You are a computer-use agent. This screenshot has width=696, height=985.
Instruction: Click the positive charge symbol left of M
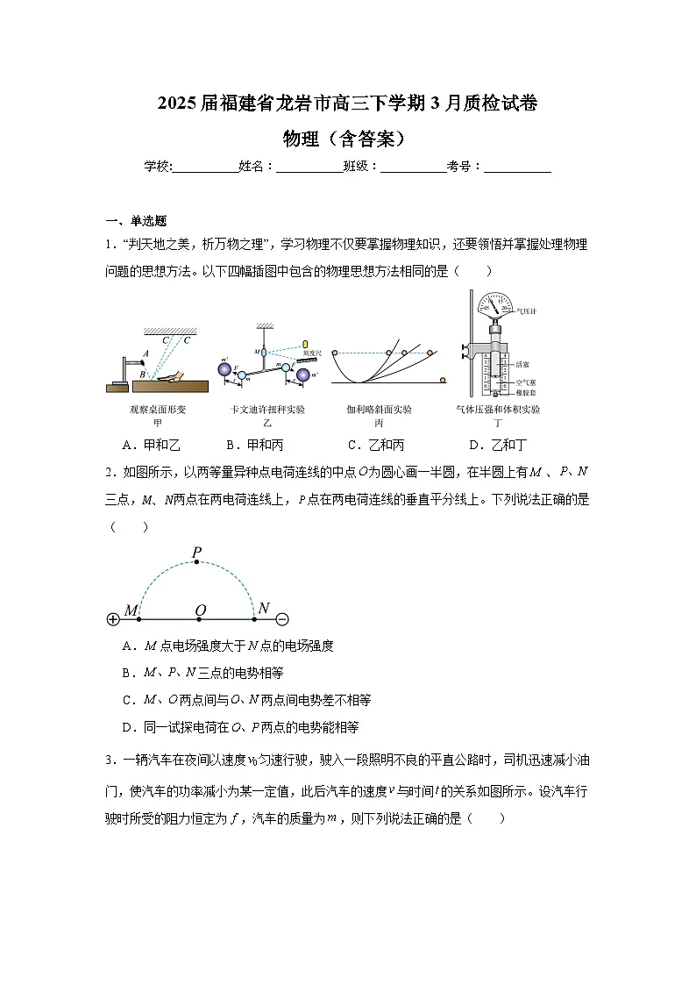[112, 619]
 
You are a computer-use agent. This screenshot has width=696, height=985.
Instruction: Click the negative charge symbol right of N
[282, 619]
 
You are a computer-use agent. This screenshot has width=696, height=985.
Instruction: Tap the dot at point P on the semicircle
[197, 563]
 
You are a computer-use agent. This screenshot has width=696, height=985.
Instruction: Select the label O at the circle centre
[200, 610]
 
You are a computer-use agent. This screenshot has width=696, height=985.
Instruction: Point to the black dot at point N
[254, 619]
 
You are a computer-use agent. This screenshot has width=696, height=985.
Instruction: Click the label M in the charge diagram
[131, 610]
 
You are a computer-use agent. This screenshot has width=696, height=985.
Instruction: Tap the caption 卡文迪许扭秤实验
[267, 410]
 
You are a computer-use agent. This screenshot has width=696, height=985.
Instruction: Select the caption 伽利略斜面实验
[379, 410]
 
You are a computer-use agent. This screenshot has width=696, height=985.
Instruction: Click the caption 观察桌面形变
[158, 410]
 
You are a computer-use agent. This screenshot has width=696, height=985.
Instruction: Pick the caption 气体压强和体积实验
[497, 410]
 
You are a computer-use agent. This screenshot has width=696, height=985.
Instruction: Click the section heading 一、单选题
[136, 221]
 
